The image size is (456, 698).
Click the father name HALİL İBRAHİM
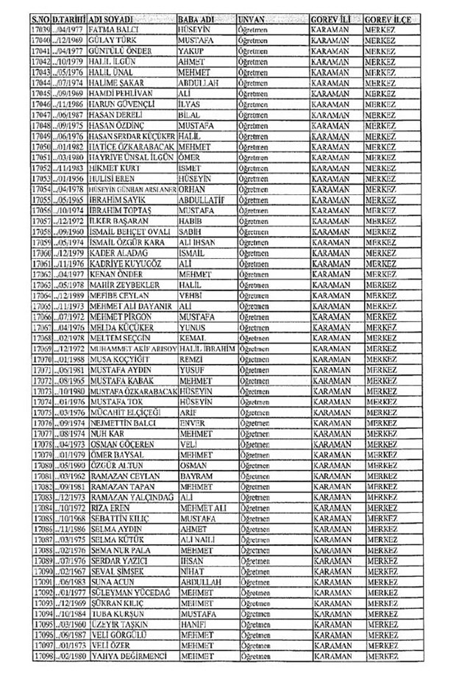[x=207, y=347]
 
